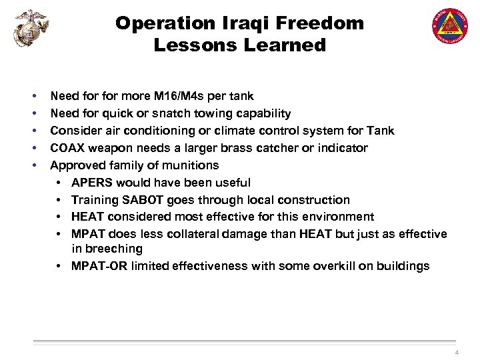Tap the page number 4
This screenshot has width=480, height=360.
pyautogui.click(x=457, y=352)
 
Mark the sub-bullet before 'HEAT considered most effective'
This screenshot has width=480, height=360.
pyautogui.click(x=60, y=217)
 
